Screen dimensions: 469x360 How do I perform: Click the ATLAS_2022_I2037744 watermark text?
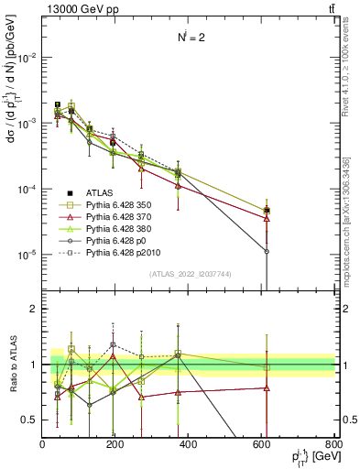click(189, 274)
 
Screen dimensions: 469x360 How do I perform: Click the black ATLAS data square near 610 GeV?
click(267, 211)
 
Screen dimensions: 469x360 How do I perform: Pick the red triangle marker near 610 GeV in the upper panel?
click(267, 218)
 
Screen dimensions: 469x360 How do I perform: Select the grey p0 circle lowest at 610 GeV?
click(267, 251)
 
